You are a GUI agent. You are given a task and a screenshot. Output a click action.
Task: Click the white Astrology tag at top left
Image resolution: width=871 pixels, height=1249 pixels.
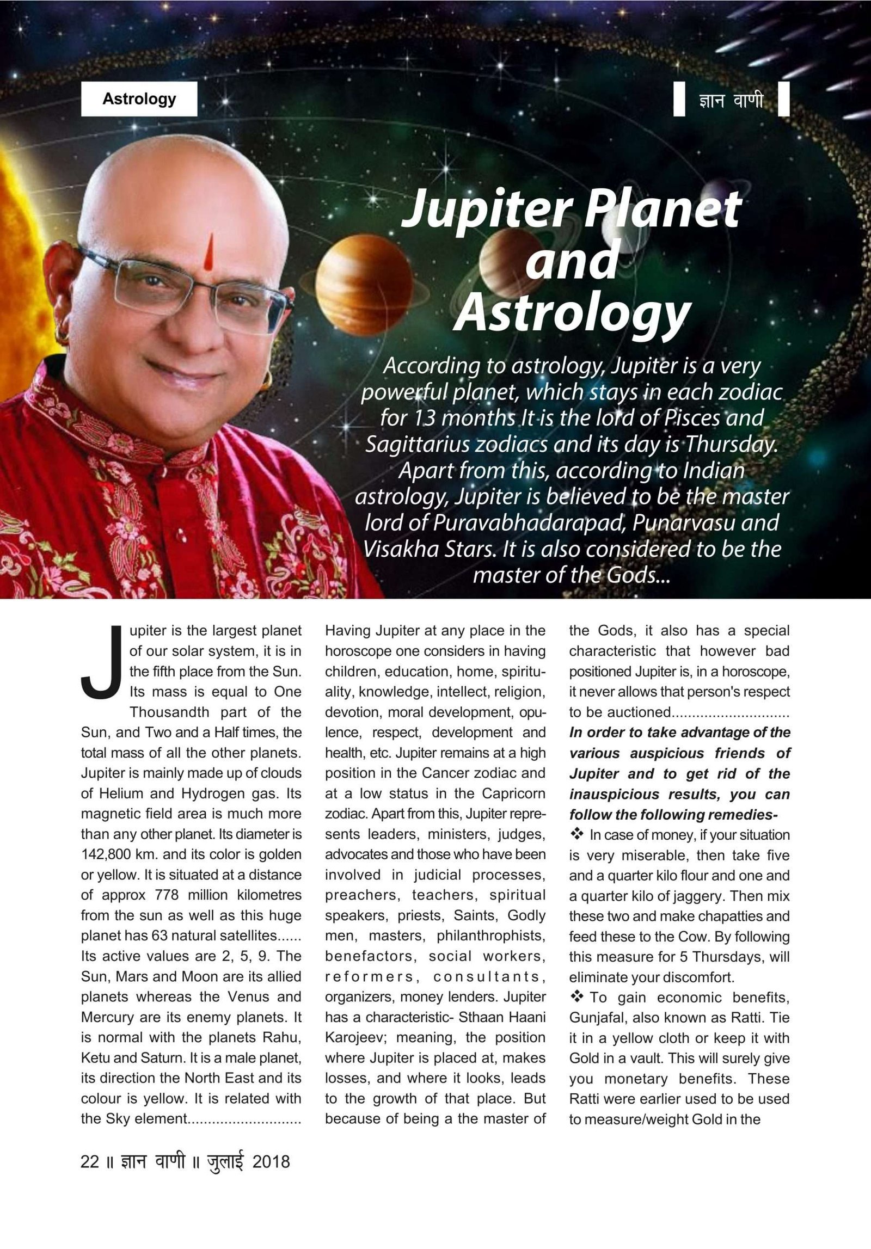click(x=139, y=99)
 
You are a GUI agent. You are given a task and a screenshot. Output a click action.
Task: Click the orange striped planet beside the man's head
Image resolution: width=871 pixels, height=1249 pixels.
click(x=357, y=288)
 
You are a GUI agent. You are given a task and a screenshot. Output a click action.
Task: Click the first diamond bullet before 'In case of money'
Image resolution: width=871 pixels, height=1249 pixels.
click(x=576, y=834)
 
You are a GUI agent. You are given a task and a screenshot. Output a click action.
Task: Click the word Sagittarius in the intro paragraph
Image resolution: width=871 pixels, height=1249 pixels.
click(x=415, y=445)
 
